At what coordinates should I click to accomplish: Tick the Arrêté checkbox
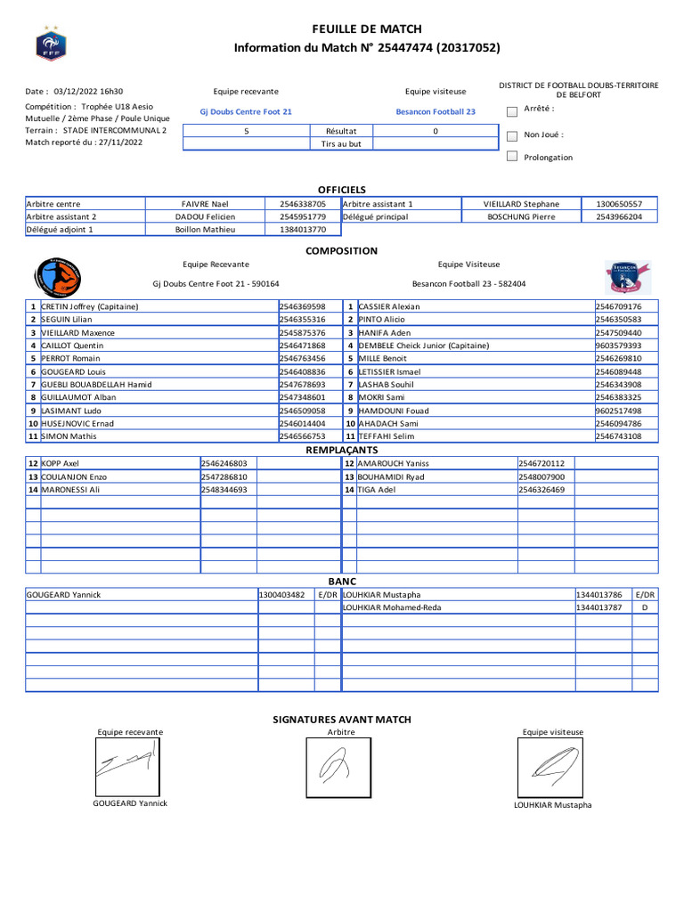511,111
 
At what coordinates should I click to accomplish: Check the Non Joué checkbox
511,136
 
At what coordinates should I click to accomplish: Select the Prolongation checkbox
511,157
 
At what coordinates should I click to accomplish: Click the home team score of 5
246,131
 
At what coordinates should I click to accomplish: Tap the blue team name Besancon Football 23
436,112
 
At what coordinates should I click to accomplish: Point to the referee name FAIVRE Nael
205,204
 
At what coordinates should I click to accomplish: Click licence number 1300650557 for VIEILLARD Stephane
619,204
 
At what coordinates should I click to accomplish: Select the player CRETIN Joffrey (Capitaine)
90,306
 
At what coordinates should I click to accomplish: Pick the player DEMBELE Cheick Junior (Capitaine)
424,346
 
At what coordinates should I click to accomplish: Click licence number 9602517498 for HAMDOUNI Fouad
618,411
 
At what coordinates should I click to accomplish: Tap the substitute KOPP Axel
61,463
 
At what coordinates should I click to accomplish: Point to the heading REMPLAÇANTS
342,451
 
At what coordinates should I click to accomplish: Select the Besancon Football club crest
627,277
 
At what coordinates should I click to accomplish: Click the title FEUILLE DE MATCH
367,29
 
